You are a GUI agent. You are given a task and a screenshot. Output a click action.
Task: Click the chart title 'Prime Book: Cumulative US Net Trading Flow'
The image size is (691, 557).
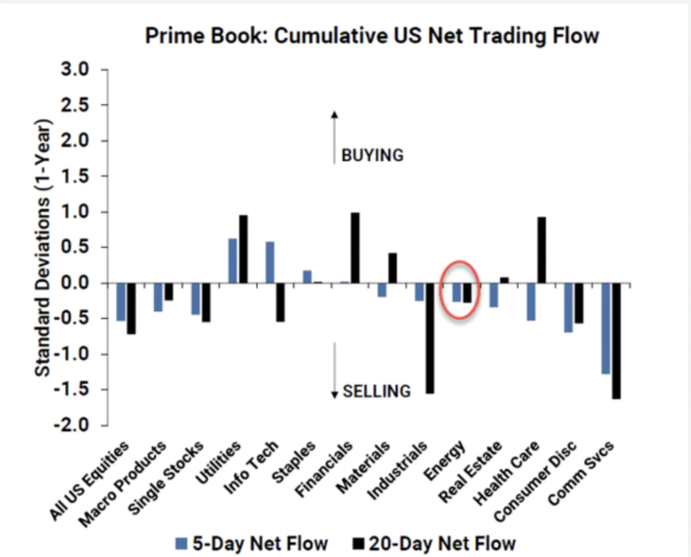pos(372,36)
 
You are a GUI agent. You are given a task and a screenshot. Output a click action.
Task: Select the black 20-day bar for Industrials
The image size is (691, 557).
pos(430,338)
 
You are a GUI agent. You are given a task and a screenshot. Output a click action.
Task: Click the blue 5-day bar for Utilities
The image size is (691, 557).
pos(233,261)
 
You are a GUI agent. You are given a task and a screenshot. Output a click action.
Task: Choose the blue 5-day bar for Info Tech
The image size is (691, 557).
pos(270,262)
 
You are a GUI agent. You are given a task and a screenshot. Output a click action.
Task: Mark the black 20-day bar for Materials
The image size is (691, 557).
pos(392,268)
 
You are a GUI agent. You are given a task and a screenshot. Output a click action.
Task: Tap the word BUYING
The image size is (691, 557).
pos(372,155)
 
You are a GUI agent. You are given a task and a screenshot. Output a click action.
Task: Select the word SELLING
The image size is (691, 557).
pos(377,391)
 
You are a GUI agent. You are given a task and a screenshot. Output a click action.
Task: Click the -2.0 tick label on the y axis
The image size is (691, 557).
pos(76,426)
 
